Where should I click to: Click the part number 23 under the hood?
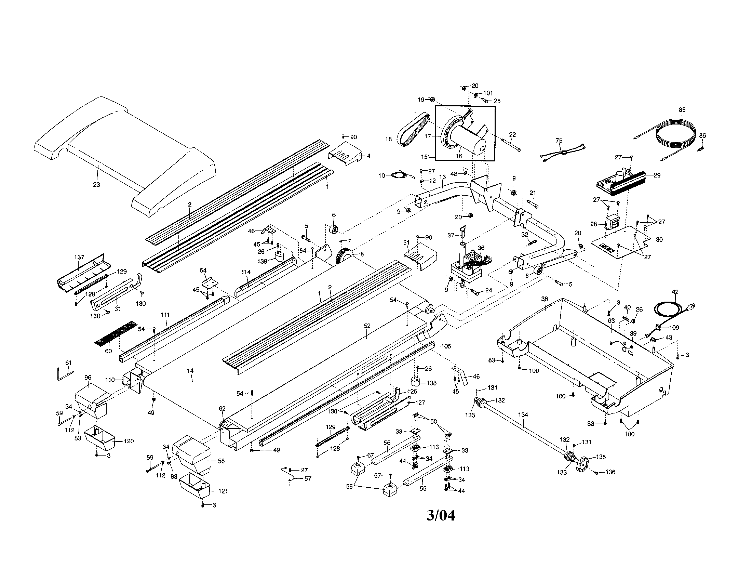[x=96, y=185]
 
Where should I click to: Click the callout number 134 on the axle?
[x=523, y=415]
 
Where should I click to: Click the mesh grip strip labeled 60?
[x=115, y=334]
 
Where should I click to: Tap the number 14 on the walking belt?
[x=190, y=371]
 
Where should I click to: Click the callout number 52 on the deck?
[x=367, y=326]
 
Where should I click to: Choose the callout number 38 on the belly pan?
[x=545, y=299]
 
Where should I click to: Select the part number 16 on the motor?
[x=459, y=156]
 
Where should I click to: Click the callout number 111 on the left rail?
[x=165, y=315]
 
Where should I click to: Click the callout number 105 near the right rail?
[x=445, y=346]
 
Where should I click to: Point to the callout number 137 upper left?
[x=79, y=257]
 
